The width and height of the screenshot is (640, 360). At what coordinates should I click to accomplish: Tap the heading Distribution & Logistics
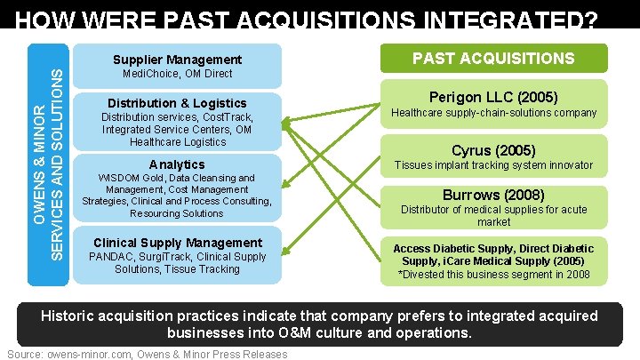(176, 103)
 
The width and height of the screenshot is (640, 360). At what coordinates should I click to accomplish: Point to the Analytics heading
(176, 164)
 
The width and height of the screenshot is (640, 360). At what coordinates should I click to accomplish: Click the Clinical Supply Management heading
(178, 243)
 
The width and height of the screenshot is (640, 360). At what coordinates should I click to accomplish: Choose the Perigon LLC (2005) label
(493, 95)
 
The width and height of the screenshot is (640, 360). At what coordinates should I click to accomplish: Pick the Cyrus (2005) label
(493, 150)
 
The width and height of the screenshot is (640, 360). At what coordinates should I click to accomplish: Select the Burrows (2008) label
(493, 195)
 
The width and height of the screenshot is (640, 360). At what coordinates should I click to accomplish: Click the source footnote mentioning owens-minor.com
(147, 354)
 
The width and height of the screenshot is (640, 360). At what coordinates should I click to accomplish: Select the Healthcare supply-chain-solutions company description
(493, 113)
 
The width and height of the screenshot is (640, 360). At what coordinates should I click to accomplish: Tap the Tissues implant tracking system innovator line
(493, 165)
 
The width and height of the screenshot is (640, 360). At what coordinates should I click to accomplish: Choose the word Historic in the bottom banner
(71, 316)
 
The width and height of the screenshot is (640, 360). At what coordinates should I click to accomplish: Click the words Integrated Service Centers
(152, 130)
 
